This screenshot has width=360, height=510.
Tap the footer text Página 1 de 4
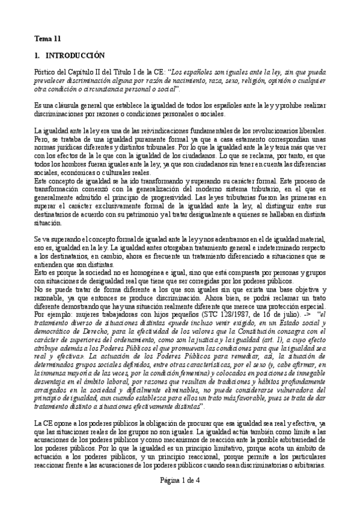pyautogui.click(x=180, y=496)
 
